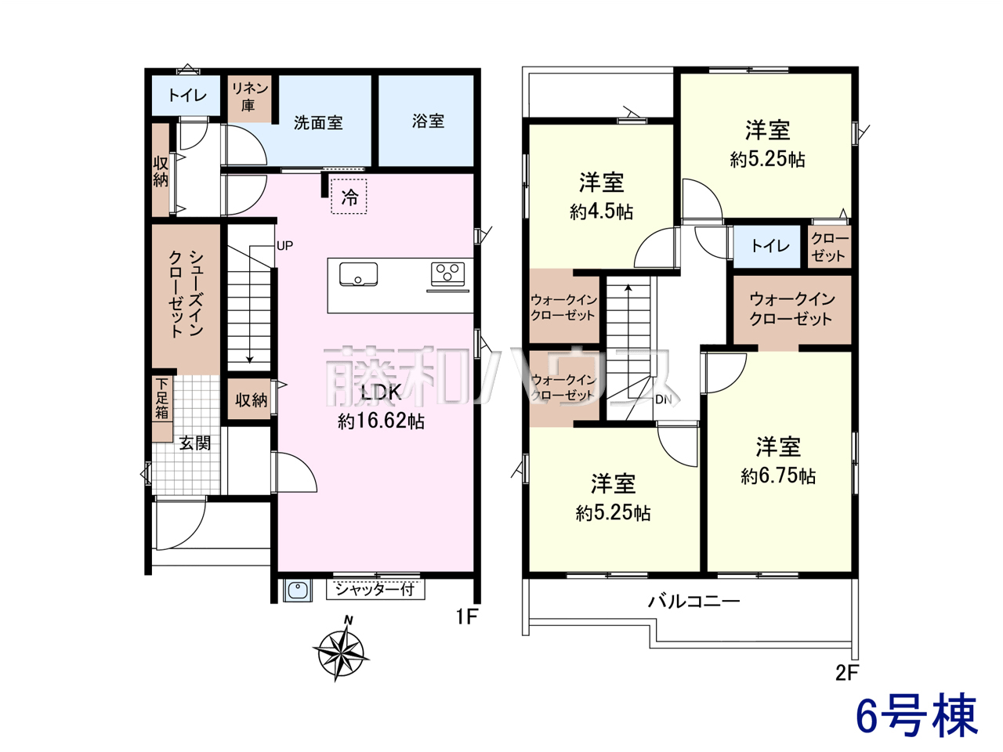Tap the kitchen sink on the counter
pos(358,274)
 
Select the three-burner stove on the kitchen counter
pos(447,273)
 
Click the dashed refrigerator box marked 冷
pos(349,197)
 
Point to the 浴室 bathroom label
pos(428,121)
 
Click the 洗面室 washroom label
pos(318,123)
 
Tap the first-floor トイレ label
pos(187,96)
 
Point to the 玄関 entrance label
pos(195,443)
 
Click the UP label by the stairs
pos(284,246)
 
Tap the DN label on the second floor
pos(664,400)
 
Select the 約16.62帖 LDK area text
pos(381,421)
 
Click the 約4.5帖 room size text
pos(601,211)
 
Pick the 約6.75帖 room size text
pos(778,476)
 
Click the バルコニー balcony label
pos(694,602)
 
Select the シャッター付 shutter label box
pos(375,589)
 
